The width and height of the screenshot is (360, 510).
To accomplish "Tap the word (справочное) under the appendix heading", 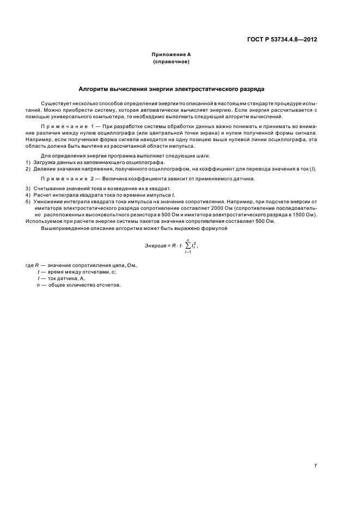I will tap(171, 62).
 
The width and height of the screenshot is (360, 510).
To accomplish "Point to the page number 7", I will tap(315, 466).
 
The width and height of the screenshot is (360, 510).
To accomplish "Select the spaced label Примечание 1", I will tap(70, 126).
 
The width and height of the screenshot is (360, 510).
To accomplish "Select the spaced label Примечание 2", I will tap(70, 179).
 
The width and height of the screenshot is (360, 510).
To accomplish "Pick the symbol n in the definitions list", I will tap(38, 285).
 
